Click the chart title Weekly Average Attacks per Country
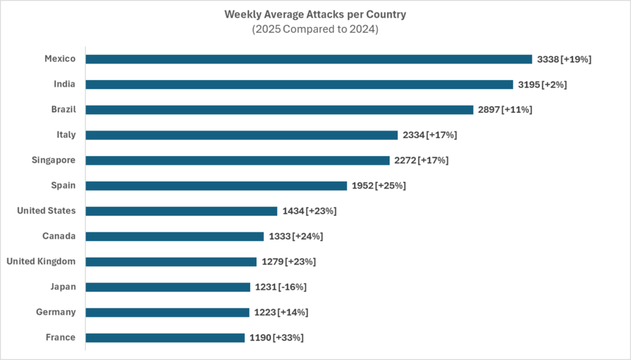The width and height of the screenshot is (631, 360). coord(315,14)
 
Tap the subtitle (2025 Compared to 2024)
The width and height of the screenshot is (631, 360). coord(315,28)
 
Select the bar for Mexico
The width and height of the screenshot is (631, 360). coord(308,59)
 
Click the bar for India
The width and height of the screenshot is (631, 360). coord(299,84)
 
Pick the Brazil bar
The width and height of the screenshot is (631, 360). coord(279,110)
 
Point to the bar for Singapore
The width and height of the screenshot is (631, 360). coord(237,160)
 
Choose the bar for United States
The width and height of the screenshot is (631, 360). coord(181,211)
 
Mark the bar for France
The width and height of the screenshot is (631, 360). coord(165,337)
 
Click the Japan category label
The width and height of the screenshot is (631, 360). coord(63,287)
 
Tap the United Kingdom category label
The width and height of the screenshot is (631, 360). coord(41,261)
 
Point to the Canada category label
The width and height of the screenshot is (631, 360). coord(59,236)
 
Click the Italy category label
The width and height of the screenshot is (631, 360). coord(65,135)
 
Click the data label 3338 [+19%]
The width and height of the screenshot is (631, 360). coord(564,59)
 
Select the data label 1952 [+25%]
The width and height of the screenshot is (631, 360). coord(379,186)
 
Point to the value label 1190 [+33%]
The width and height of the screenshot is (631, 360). coord(277,337)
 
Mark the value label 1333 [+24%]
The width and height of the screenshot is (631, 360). coord(296,236)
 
